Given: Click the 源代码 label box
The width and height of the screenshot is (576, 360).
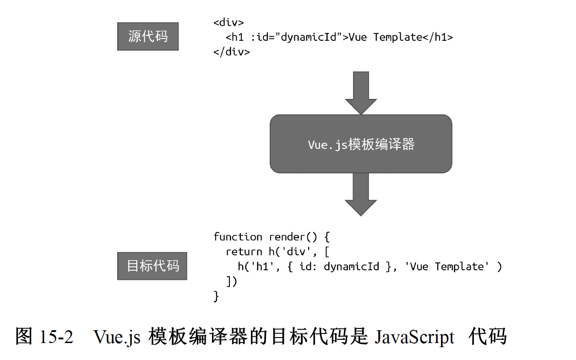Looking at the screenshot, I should pos(147,37).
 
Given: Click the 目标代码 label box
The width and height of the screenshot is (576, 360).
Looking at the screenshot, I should pos(152,266).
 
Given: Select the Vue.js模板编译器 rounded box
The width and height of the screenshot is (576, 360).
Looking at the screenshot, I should pos(361,144).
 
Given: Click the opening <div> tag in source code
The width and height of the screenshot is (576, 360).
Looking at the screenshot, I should pos(228,22).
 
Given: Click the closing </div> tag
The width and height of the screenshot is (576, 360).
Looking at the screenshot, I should pos(231,52).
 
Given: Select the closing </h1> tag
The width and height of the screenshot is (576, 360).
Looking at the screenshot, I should pos(437,37).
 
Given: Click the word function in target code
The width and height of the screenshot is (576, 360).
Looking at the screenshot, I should pos(238,237).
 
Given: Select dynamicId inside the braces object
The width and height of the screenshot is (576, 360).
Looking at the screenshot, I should pos(351,267).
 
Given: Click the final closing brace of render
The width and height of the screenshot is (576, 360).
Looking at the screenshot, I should pos(216,296).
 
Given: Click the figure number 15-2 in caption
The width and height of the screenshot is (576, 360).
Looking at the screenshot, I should pos(56,337).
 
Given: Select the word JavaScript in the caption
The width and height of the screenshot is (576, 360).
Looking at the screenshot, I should pos(414,337).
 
